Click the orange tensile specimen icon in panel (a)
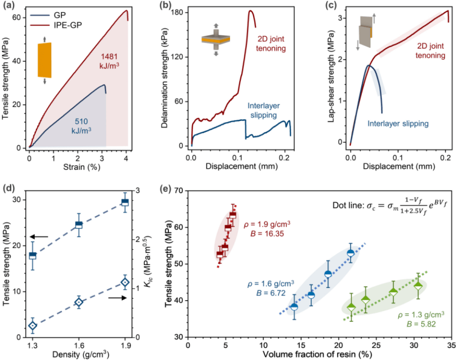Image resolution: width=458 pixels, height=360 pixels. click(x=44, y=60)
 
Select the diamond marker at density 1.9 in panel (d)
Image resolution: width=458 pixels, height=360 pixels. click(x=125, y=282)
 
